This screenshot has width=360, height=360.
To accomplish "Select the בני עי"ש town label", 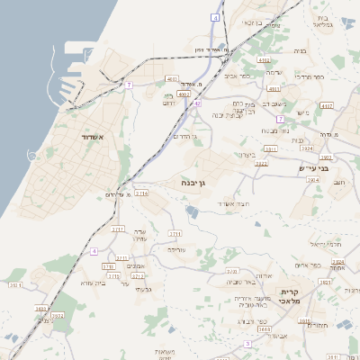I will click(x=314, y=167).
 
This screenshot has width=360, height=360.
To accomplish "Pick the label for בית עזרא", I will click(x=93, y=283).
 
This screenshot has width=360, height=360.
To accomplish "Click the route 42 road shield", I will click(x=196, y=103).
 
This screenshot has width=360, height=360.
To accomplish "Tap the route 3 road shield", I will click(x=247, y=344).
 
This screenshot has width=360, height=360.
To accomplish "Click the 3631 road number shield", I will click(x=264, y=330).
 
